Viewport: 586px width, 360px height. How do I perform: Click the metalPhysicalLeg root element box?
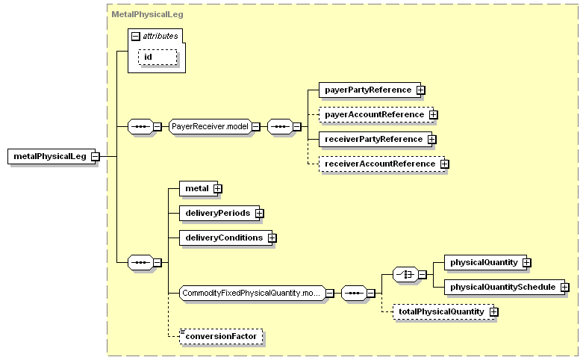tap(52, 156)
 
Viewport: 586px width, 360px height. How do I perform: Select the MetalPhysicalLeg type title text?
tap(147, 14)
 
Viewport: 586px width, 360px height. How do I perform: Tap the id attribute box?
tap(158, 58)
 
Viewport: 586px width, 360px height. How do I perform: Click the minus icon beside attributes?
tap(136, 37)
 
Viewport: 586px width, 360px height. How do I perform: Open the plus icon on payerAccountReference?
tap(433, 115)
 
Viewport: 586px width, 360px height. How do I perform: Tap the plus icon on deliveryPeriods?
tap(259, 214)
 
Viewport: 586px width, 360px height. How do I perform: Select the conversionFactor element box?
tap(221, 336)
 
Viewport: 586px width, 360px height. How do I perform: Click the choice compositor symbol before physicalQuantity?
tap(405, 275)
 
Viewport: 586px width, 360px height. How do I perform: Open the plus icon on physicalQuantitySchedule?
tap(564, 288)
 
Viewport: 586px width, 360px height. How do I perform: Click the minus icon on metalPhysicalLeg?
tap(96, 156)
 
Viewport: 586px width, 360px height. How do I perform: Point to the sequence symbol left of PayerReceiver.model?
tap(140, 126)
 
